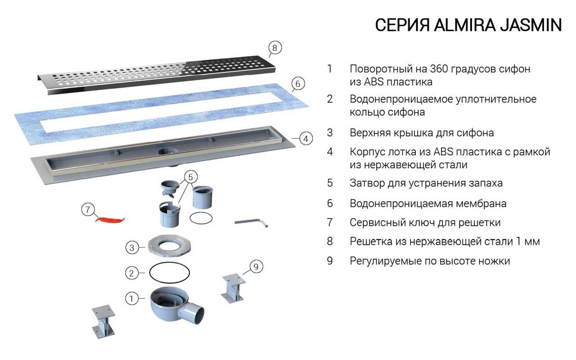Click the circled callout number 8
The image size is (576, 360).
point(275,48)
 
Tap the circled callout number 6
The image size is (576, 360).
point(298,84)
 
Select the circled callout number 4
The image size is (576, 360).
point(305,139)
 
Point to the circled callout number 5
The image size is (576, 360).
point(190,176)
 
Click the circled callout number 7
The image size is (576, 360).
point(88,209)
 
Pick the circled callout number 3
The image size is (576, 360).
point(131,247)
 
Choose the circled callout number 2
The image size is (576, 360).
point(131,273)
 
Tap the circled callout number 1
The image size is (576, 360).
point(131,298)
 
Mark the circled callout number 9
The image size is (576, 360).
point(256,267)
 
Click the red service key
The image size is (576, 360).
point(110,219)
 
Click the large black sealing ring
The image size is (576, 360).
point(169,272)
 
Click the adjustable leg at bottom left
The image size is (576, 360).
point(103,322)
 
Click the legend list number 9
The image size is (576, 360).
point(330,261)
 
